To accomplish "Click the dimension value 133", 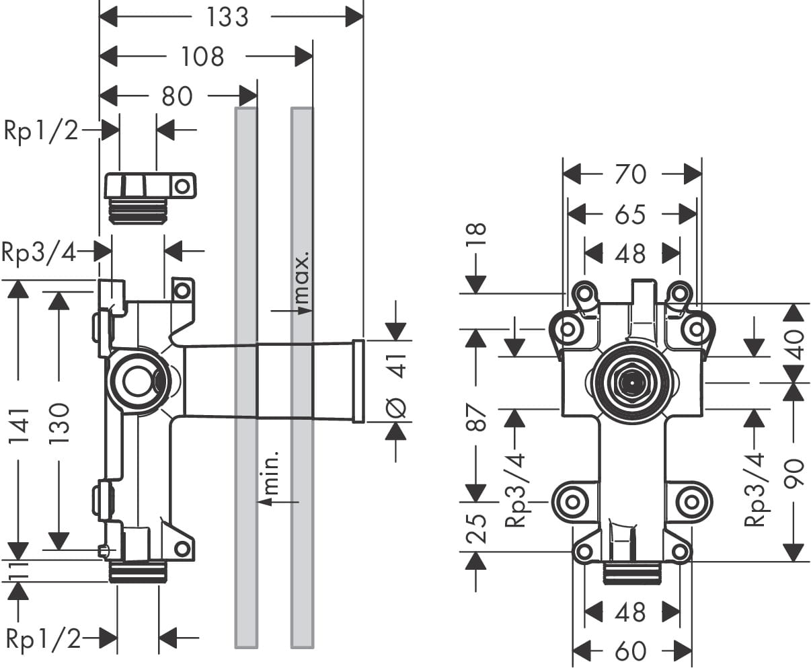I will click(227, 17).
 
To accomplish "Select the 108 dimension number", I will click(202, 57).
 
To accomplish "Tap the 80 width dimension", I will click(177, 96).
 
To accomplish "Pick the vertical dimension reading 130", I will click(59, 423).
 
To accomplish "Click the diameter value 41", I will click(398, 366).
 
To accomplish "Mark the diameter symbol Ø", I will click(397, 406).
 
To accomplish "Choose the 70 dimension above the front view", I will click(630, 175).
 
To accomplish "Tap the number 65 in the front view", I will click(630, 215).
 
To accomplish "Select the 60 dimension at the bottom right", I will click(630, 651).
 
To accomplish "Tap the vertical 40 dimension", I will click(795, 344).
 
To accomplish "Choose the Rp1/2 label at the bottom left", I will click(43, 638).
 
